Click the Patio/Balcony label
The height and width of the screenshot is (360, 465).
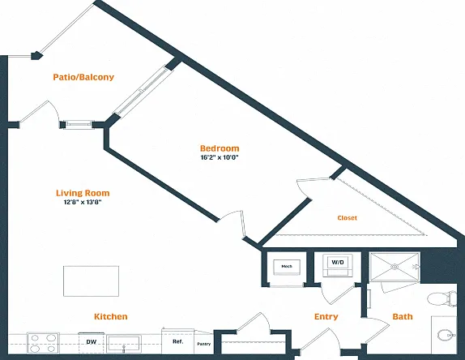[83, 77]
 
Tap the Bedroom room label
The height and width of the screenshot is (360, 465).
[220, 148]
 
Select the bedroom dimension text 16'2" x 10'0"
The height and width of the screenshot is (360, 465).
[220, 157]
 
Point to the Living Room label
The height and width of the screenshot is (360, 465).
[83, 193]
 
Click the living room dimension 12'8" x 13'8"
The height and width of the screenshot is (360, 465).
[83, 203]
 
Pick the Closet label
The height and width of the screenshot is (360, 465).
[348, 218]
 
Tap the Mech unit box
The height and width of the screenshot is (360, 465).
[287, 267]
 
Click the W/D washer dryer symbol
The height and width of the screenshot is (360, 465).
[338, 265]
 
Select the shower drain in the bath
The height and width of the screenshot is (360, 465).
[395, 267]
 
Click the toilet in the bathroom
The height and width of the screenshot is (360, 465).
[442, 298]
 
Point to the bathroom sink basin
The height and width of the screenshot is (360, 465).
[446, 335]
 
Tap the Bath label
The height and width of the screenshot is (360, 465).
[403, 317]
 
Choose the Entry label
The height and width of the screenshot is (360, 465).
[326, 317]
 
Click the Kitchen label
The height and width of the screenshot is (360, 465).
[111, 317]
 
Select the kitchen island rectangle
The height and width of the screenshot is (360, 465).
[91, 281]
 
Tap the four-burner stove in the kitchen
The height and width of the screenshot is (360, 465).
[43, 343]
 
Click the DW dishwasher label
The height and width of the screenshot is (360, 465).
[92, 342]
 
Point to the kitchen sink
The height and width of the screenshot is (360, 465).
[124, 344]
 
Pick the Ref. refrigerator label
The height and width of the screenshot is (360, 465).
[178, 341]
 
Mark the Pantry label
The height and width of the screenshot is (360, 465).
[203, 344]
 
